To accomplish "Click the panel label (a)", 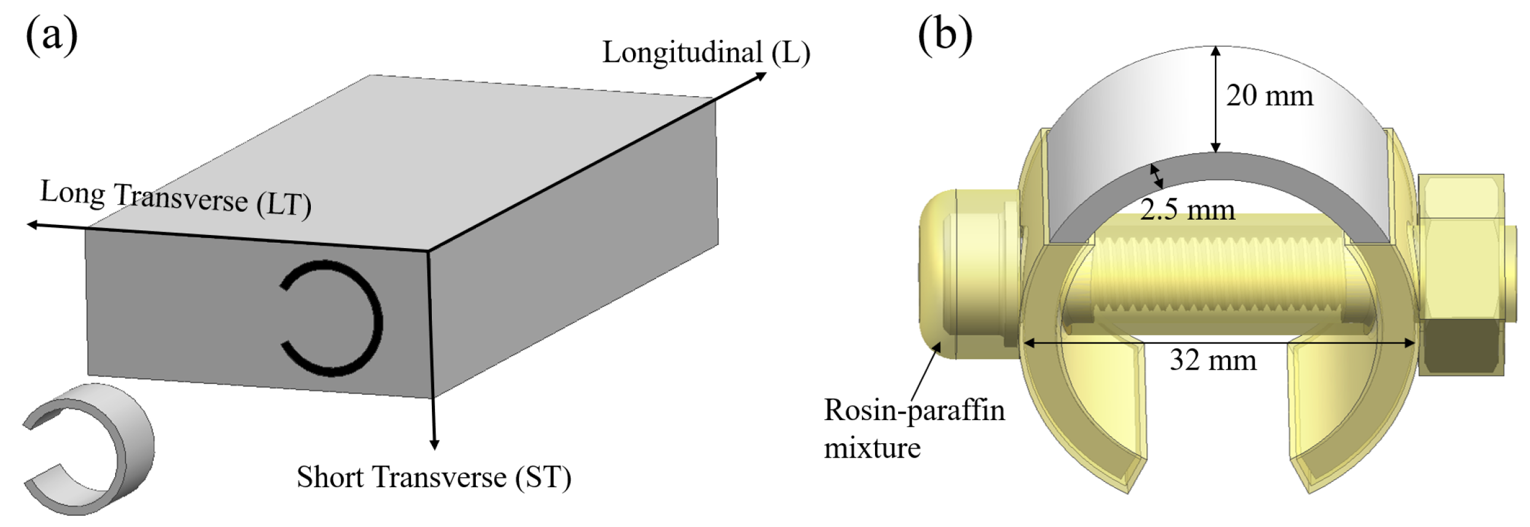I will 52,36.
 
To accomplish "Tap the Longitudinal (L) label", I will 705,52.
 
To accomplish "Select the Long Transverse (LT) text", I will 176,198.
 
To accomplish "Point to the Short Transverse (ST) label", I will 434,477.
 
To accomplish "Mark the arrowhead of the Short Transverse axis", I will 435,444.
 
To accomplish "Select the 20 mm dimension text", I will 1269,96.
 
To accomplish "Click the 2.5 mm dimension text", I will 1187,209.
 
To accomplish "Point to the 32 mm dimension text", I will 1213,361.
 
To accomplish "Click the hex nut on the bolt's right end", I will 1461,274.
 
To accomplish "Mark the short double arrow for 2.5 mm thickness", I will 1156,176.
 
